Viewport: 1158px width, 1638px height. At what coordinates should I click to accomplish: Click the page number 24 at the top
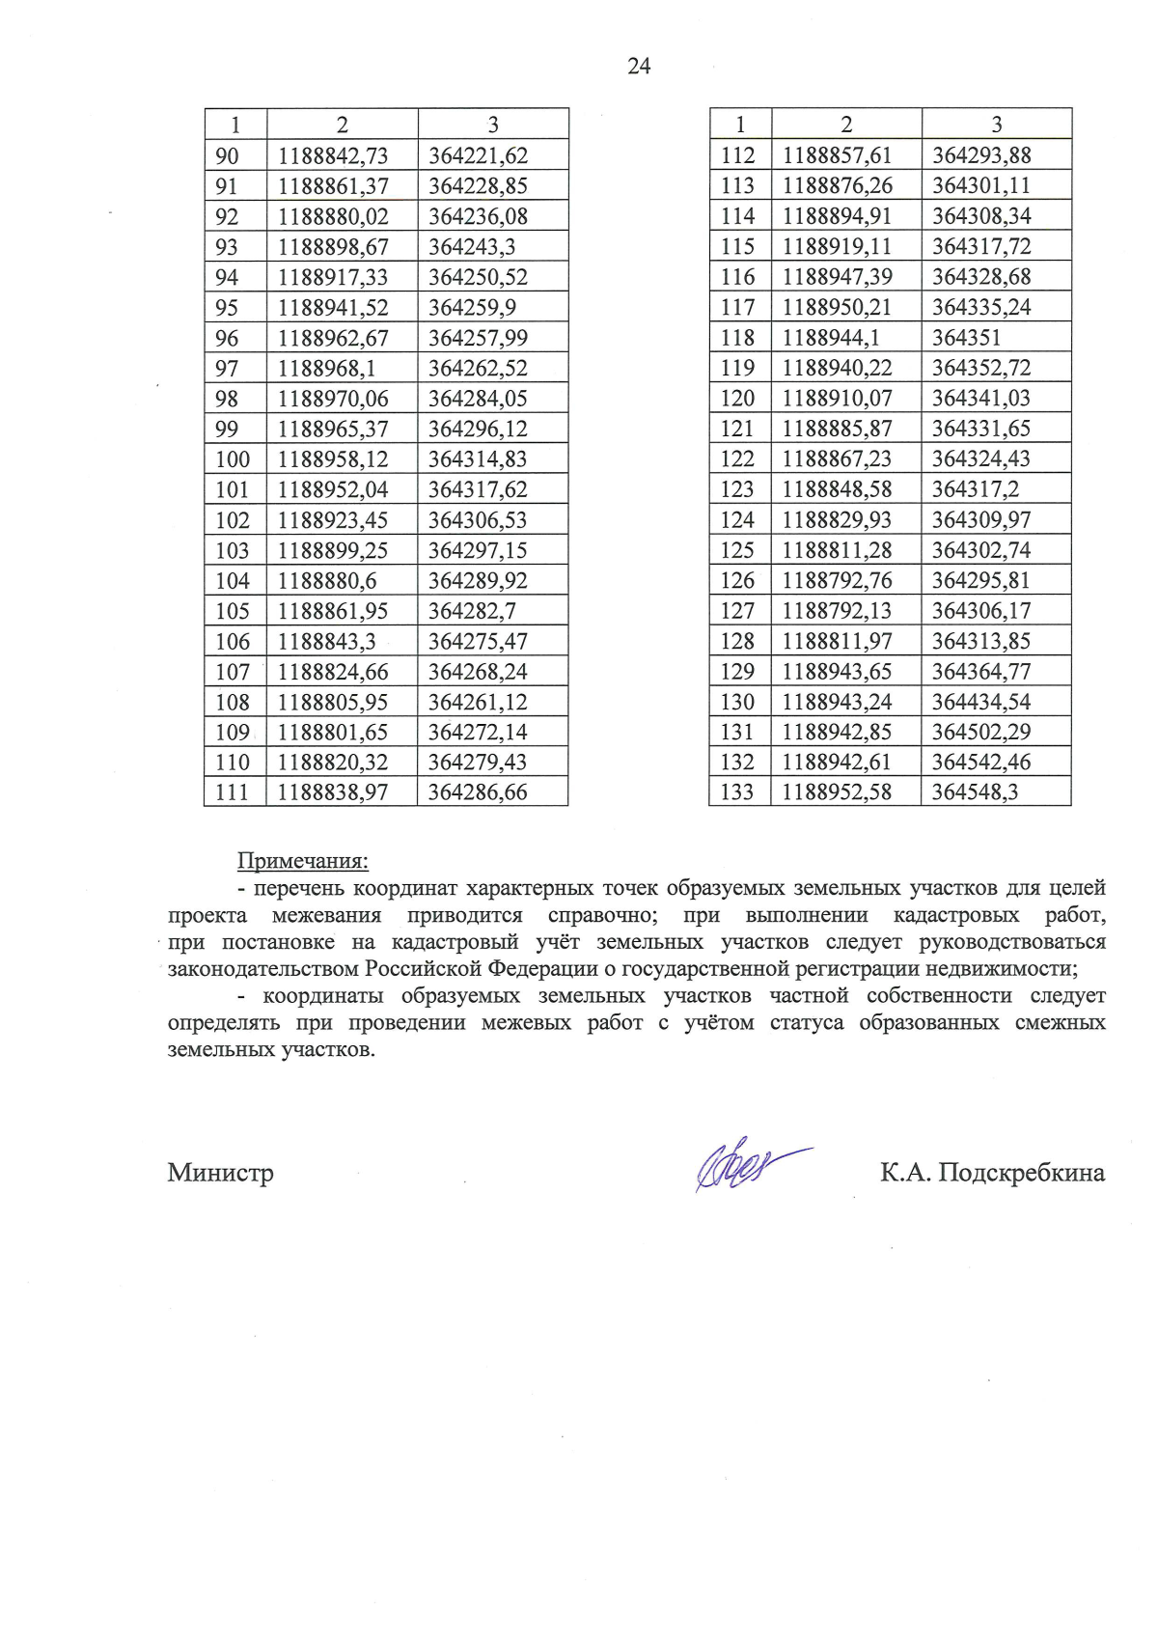(639, 66)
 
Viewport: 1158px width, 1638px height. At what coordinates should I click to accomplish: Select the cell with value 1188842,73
(333, 155)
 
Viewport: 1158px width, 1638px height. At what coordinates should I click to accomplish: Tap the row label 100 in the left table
(233, 459)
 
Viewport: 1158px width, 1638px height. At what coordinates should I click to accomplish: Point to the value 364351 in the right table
(966, 338)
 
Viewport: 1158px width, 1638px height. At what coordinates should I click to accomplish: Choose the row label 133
(737, 792)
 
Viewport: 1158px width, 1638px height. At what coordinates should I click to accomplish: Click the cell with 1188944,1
(830, 338)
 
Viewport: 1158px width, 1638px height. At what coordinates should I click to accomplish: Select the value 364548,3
(975, 792)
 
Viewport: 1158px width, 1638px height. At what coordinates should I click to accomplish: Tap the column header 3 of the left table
(493, 125)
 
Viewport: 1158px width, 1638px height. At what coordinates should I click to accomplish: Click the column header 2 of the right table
(846, 125)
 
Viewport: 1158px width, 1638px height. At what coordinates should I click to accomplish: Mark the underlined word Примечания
(303, 861)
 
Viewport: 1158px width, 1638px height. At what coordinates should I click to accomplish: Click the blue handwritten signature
(748, 1168)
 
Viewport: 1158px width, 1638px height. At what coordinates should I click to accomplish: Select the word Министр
(220, 1173)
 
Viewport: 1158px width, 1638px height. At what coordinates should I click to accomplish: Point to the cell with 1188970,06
(333, 399)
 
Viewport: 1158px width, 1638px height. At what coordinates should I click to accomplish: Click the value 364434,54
(980, 702)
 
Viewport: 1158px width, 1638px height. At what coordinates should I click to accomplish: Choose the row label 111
(233, 792)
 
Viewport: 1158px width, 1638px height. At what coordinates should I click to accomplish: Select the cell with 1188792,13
(837, 611)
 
